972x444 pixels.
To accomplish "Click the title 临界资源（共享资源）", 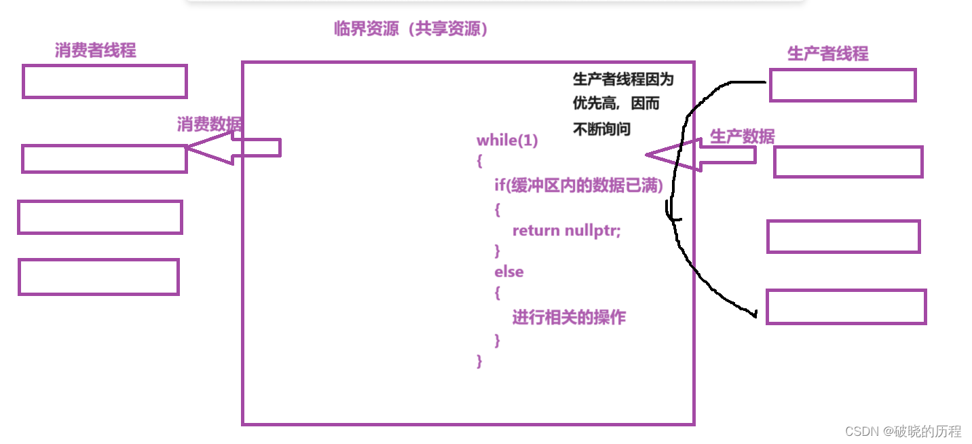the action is click(411, 29).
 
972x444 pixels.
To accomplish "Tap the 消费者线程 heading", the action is click(95, 50).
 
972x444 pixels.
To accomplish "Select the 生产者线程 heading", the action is click(827, 54).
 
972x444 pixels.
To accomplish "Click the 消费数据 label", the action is click(209, 124).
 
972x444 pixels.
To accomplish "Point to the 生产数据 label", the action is click(742, 136).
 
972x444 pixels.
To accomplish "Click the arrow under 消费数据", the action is click(234, 148).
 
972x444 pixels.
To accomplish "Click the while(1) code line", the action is click(507, 141).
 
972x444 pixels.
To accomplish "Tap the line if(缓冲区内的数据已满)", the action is click(578, 185).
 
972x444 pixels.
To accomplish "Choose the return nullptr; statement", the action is click(566, 230).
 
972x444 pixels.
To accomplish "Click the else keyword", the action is click(508, 272).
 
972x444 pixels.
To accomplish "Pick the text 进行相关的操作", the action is click(569, 317).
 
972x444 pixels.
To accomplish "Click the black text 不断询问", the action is click(602, 129).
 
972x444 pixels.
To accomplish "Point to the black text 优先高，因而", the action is click(616, 105).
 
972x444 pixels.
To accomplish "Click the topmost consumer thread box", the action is click(105, 81).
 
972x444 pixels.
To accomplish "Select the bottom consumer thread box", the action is click(98, 277).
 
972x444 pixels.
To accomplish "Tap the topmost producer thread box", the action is click(842, 85).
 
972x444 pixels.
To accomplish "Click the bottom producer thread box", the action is click(846, 307).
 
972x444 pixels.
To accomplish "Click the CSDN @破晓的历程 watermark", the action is click(903, 431).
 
